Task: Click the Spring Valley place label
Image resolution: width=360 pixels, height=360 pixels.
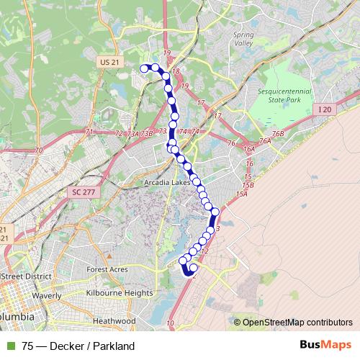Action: (244, 38)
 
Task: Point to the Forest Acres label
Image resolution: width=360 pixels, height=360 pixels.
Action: (107, 269)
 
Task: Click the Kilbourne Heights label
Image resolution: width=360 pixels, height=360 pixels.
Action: (118, 293)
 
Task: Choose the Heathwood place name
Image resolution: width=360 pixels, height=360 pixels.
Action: (114, 320)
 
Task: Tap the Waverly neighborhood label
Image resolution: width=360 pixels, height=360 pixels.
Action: (47, 294)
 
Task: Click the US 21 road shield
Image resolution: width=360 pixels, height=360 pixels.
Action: (109, 63)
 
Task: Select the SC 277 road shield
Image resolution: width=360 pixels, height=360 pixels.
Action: (84, 192)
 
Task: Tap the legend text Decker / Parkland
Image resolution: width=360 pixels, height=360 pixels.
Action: (89, 346)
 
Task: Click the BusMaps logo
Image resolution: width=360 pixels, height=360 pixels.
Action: (328, 346)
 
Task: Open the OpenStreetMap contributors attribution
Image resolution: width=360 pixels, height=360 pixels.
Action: (297, 322)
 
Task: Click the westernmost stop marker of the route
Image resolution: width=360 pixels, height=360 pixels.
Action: (144, 68)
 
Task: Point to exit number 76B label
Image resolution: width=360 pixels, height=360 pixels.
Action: (278, 133)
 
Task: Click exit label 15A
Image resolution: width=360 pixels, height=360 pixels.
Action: (240, 194)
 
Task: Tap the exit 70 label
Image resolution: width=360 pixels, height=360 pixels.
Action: (38, 150)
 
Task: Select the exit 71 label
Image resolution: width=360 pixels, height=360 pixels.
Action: (89, 132)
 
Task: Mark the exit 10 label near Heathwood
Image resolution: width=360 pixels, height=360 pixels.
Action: (170, 325)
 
